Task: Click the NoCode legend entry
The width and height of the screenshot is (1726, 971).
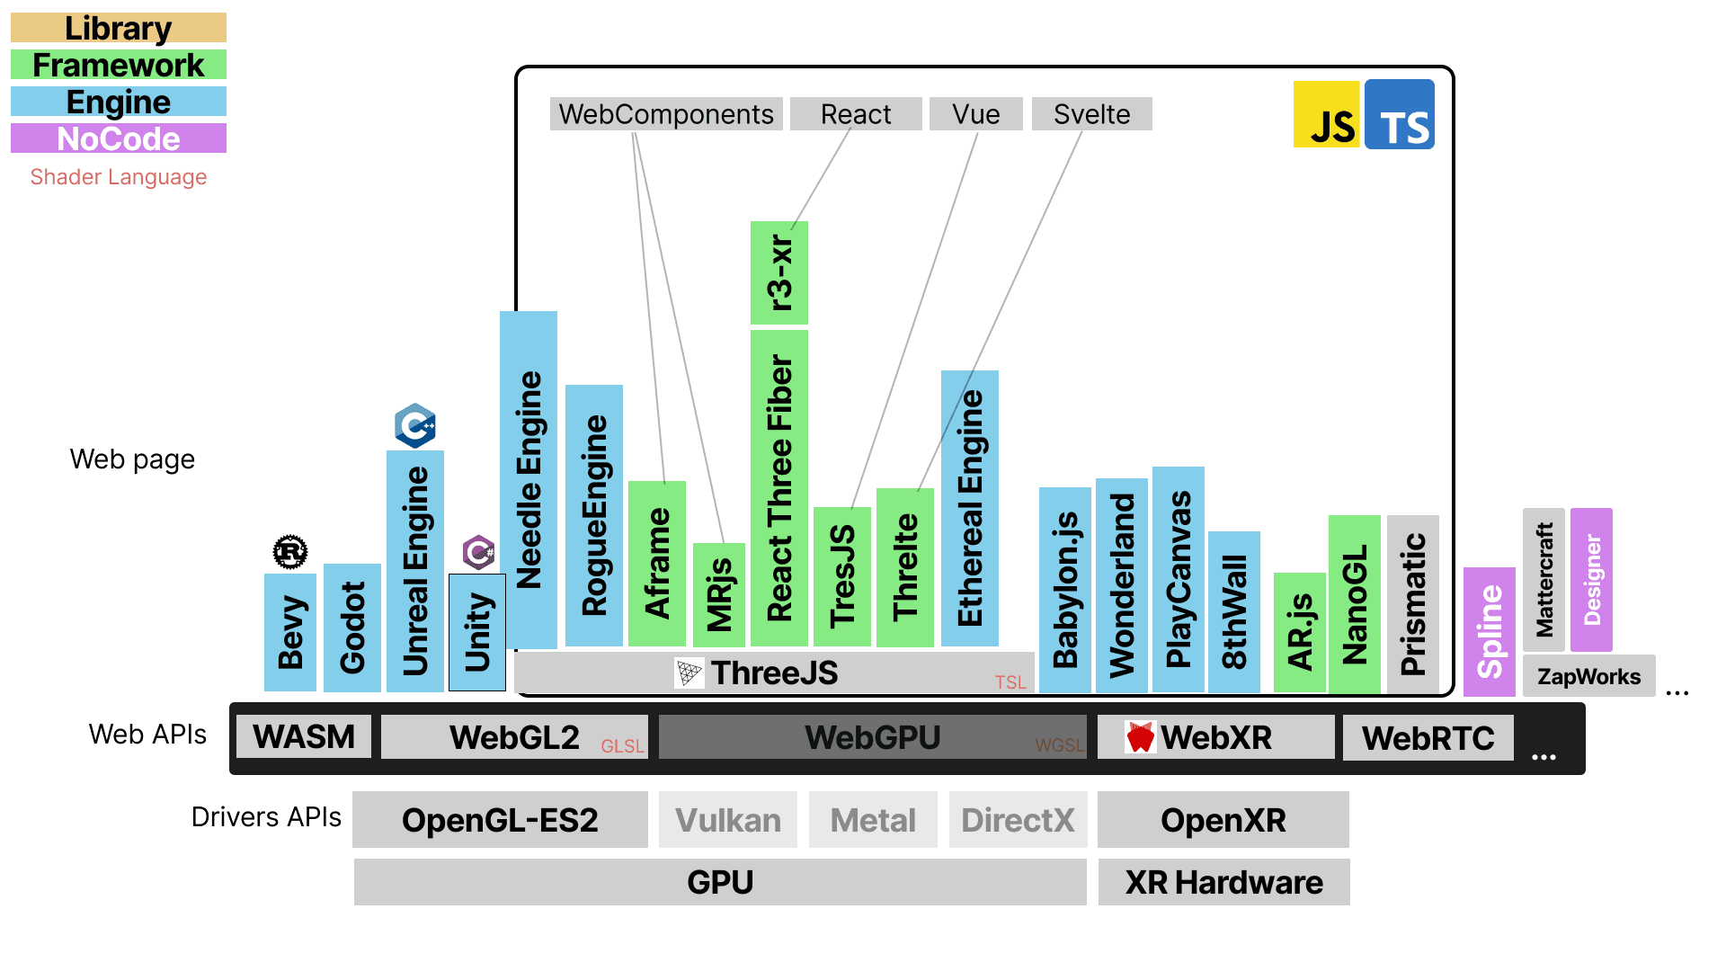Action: [x=118, y=138]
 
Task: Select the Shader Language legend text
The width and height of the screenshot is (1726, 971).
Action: [x=118, y=177]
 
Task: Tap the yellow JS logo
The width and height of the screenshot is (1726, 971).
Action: [x=1326, y=115]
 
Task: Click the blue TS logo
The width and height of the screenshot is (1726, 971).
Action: [x=1399, y=115]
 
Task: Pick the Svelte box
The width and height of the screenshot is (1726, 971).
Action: [x=1091, y=114]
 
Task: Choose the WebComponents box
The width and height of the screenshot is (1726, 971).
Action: [x=665, y=114]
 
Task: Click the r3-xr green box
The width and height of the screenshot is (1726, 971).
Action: [x=778, y=272]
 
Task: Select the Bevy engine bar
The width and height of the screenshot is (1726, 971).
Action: [x=289, y=632]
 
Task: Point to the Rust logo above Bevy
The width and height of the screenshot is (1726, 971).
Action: [x=290, y=551]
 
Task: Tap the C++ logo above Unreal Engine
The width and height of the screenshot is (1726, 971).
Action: [x=415, y=425]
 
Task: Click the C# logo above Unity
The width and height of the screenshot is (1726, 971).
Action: [x=478, y=552]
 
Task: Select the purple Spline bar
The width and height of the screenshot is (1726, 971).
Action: [x=1489, y=631]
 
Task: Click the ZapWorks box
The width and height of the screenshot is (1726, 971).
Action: [x=1588, y=676]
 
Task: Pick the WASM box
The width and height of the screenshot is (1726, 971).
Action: [x=304, y=737]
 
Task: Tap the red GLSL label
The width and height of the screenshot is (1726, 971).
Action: [x=622, y=746]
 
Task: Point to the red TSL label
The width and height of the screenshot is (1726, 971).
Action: [x=1010, y=682]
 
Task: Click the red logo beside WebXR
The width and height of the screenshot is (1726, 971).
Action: [x=1140, y=737]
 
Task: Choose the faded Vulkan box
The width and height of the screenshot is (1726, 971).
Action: [x=727, y=820]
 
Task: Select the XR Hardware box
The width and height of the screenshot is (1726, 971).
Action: [x=1223, y=882]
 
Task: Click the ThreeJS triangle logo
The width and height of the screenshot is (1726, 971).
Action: [x=690, y=673]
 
